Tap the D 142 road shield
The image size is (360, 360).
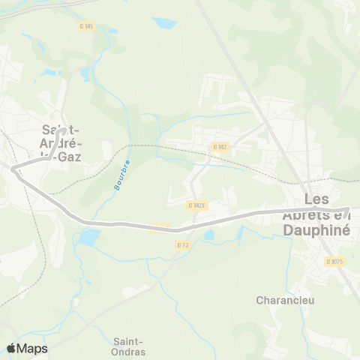click(219, 147)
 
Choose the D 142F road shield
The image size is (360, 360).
click(196, 205)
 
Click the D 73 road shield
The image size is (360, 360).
click(183, 245)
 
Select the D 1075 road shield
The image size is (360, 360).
click(334, 261)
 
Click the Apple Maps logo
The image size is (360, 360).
click(28, 348)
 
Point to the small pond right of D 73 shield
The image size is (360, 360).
click(209, 235)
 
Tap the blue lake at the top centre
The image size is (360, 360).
click(164, 22)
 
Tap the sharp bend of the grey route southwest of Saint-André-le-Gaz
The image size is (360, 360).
click(14, 170)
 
